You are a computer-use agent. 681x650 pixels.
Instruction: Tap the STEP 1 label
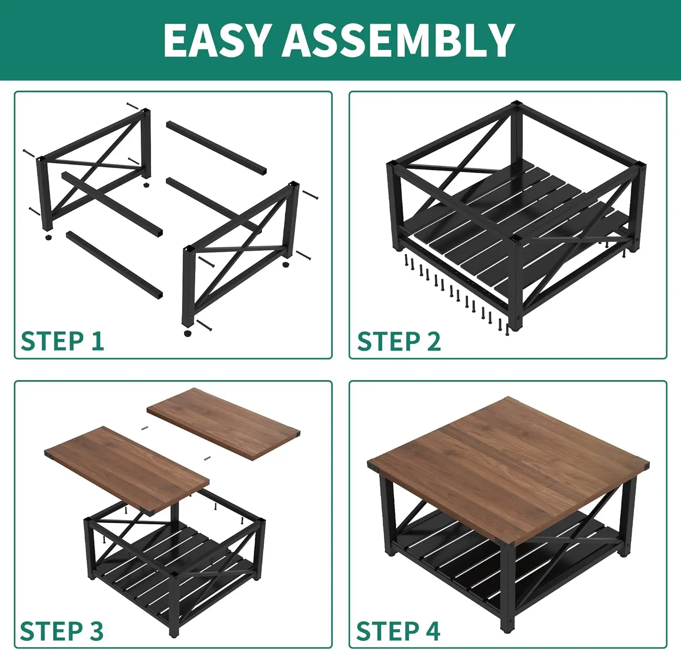[62, 341]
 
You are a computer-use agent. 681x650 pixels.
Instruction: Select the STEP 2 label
[399, 341]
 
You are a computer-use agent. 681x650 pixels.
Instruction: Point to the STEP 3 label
[62, 631]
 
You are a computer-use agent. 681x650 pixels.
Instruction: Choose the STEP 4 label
[398, 631]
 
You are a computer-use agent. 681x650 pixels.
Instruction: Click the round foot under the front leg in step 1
[188, 333]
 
